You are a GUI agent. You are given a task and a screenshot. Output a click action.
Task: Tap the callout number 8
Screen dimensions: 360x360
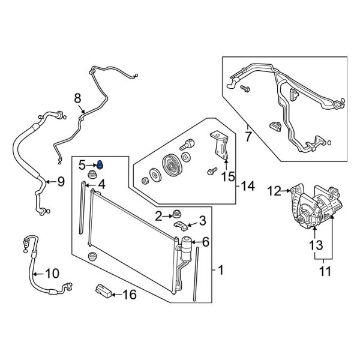77,97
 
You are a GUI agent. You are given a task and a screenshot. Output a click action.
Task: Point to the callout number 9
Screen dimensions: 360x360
60,182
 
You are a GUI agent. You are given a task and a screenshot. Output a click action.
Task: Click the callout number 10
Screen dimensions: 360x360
52,274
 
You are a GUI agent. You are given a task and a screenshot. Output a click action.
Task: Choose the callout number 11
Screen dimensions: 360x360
325,272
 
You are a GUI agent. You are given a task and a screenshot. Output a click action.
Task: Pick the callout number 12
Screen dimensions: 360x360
274,191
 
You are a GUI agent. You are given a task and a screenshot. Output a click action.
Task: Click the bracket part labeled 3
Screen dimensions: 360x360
179,224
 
